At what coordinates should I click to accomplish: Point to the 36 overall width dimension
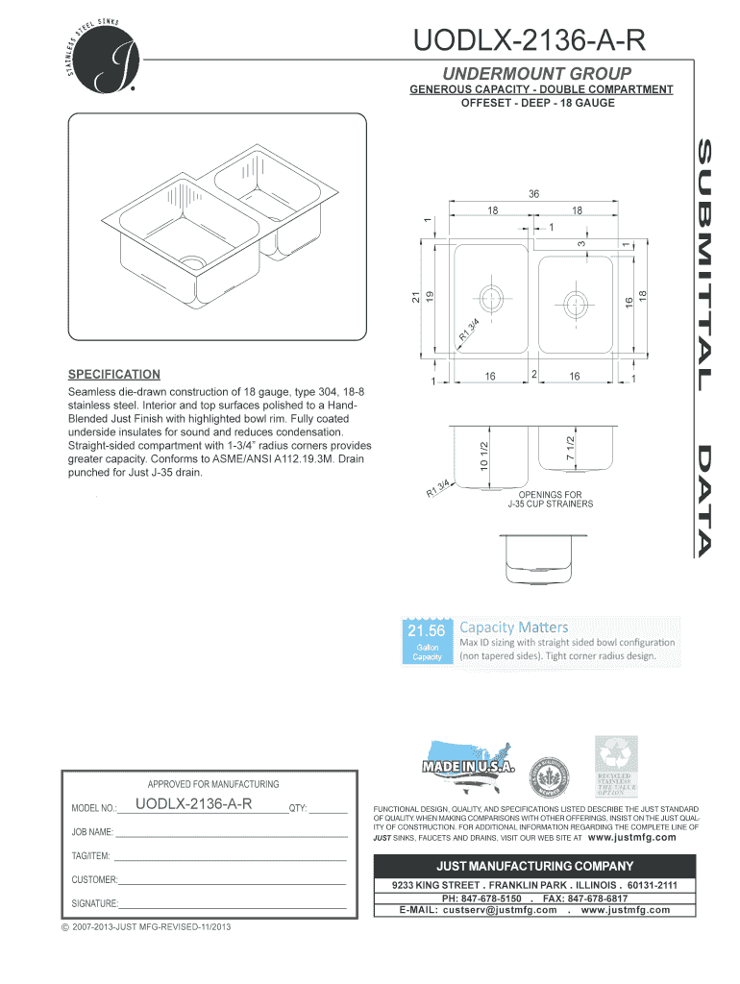point(533,194)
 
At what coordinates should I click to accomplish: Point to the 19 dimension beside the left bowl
point(432,300)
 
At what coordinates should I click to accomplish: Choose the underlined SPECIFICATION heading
point(113,374)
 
